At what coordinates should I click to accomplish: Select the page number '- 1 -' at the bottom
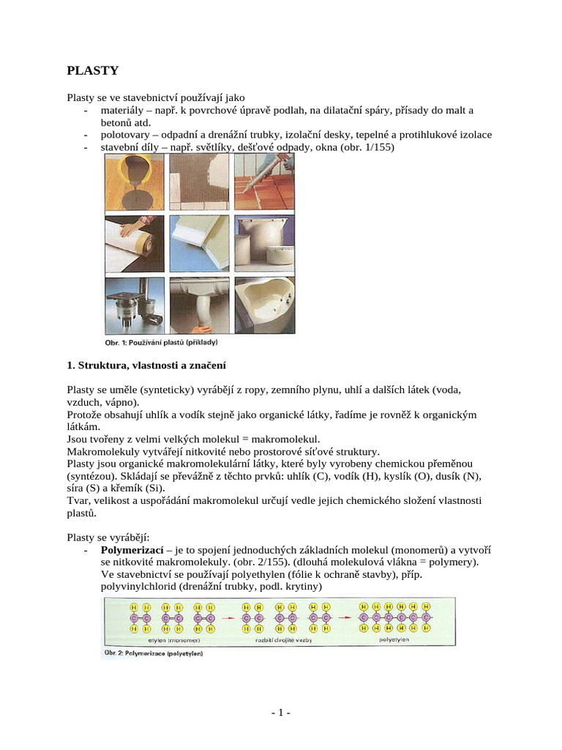point(280,713)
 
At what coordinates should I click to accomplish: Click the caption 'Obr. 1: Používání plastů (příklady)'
point(162,341)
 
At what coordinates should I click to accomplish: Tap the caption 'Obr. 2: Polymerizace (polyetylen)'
point(152,653)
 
